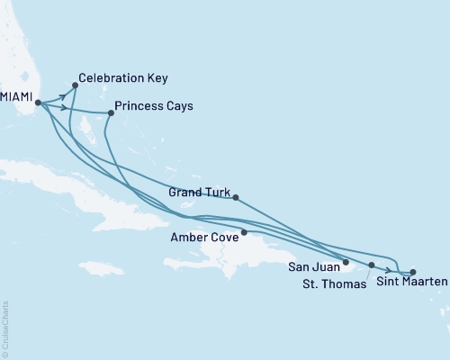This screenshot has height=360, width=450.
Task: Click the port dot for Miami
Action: (x=38, y=103)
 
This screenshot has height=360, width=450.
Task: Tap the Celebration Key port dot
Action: (x=75, y=85)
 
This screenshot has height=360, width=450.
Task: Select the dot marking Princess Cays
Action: (x=111, y=113)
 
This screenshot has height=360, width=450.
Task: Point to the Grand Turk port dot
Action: (x=235, y=197)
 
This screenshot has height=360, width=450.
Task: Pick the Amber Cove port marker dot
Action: (x=244, y=232)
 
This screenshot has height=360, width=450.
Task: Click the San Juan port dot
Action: (x=346, y=262)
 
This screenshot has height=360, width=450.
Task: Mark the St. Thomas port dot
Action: (x=372, y=265)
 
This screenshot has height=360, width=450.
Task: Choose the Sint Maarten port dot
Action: (x=413, y=272)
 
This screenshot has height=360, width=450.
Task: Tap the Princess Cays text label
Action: (x=155, y=105)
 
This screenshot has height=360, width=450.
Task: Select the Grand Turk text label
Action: (x=198, y=193)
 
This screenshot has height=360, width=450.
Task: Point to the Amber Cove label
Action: (x=204, y=238)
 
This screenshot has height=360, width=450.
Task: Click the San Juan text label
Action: (x=314, y=267)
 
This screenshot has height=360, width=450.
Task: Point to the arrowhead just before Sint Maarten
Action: (x=388, y=271)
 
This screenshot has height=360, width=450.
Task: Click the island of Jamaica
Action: (x=101, y=268)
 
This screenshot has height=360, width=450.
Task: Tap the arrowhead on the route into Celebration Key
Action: (x=64, y=93)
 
